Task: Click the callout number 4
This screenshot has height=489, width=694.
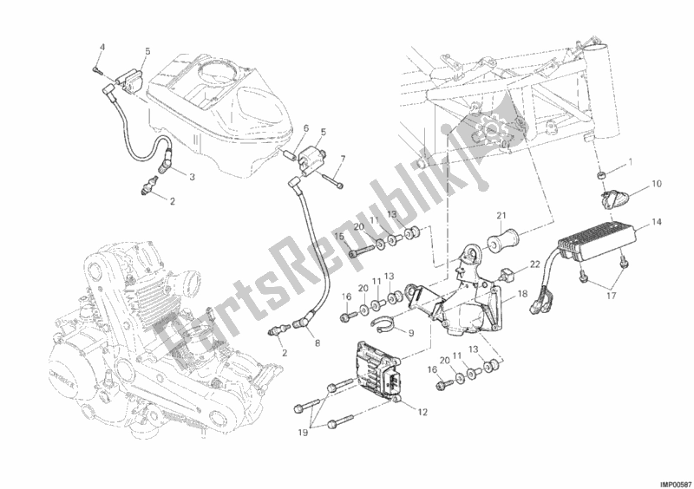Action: (x=102, y=47)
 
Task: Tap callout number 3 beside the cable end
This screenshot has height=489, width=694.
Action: (x=192, y=178)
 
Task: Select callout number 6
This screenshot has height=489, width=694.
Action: (x=305, y=129)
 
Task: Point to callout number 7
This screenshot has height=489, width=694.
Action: (x=343, y=158)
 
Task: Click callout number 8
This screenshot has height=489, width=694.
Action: (x=318, y=342)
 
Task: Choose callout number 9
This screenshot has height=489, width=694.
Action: (x=410, y=333)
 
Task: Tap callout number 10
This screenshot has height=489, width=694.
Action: (x=657, y=183)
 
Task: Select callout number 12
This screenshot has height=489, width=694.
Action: (x=422, y=412)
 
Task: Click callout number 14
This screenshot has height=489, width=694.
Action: (x=657, y=222)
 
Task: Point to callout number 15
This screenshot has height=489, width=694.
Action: (x=339, y=237)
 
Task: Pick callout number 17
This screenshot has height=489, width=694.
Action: (x=612, y=296)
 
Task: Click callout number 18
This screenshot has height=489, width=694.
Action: (x=522, y=294)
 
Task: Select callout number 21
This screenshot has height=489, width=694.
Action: (x=501, y=216)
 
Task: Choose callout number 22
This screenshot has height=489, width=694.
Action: (x=534, y=264)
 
